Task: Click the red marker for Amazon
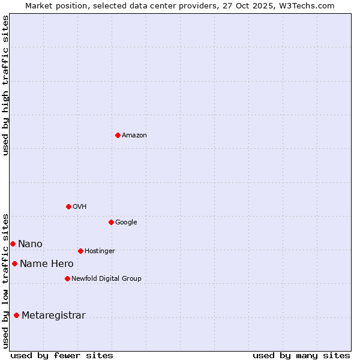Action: (118, 135)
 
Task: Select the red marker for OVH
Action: (68, 206)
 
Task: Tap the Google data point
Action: (111, 222)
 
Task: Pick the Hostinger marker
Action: (80, 251)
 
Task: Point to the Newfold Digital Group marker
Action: (67, 278)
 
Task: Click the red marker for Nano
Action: (13, 244)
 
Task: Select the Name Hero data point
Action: (14, 263)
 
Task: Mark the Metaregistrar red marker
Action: (16, 315)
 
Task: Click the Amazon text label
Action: (134, 136)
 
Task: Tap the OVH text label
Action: (80, 207)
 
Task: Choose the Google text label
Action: (126, 223)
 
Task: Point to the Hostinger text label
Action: (100, 251)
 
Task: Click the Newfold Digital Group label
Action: (106, 279)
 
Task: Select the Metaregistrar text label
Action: (53, 316)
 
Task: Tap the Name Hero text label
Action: (47, 264)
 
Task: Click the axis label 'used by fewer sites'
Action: (62, 355)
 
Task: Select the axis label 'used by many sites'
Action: (301, 355)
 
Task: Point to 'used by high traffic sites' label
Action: (6, 85)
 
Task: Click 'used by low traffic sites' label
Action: (6, 280)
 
